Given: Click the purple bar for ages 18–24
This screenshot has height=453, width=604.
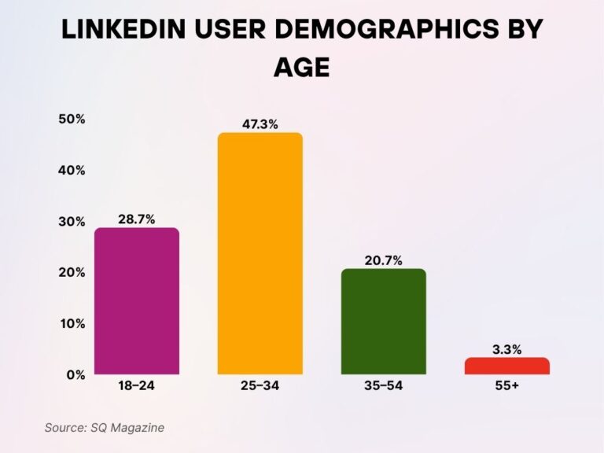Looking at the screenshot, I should coord(137,301).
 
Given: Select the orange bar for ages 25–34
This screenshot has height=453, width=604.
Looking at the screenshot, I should coord(260,253).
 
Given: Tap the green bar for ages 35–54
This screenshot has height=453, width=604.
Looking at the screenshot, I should coord(384,322).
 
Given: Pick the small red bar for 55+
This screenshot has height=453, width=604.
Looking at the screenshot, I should coord(507,366).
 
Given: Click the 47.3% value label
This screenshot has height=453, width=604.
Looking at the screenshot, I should coord(260,123).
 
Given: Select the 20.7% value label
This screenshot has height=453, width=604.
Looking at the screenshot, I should coord(384,259).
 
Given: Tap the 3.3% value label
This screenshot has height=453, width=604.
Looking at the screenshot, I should coord(507,348).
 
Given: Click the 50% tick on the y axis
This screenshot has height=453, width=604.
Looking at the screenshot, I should coord(72,120).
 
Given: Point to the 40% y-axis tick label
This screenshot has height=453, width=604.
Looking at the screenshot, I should coord(72,171).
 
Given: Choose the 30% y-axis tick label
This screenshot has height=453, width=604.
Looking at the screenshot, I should coord(72,222).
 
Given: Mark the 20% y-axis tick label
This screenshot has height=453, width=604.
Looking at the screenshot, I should coord(72,273).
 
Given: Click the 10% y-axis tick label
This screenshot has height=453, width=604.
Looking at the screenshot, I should coord(72,323).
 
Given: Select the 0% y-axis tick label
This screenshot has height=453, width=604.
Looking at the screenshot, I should coord(75,374).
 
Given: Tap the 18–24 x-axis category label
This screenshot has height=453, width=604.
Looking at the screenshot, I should coord(137,388).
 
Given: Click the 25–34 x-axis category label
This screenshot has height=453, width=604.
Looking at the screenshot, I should coord(260,388).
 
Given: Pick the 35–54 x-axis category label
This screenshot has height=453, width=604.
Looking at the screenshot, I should coord(384,388).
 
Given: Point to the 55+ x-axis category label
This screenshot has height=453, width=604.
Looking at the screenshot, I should coord(507,388).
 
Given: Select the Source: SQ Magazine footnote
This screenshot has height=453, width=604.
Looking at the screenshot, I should coord(105,427).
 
